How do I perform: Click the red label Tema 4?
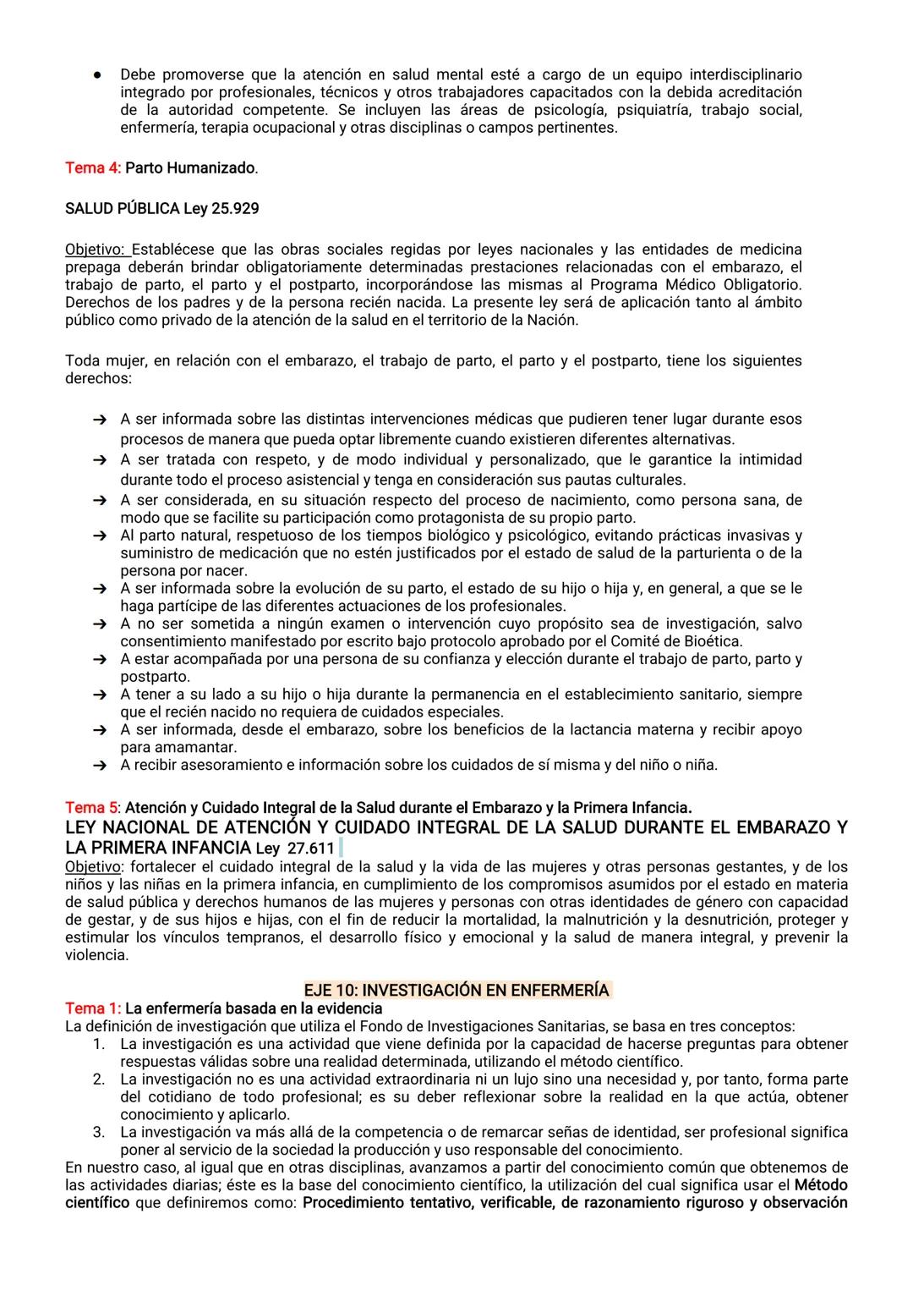click(93, 168)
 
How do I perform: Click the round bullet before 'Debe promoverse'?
click(99, 74)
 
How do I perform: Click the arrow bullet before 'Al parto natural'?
click(100, 536)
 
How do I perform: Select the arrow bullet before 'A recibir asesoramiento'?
click(100, 766)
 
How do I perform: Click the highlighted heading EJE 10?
click(456, 990)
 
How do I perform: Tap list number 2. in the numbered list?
click(99, 1079)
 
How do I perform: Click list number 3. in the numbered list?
click(99, 1132)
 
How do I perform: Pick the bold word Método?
click(821, 1184)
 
